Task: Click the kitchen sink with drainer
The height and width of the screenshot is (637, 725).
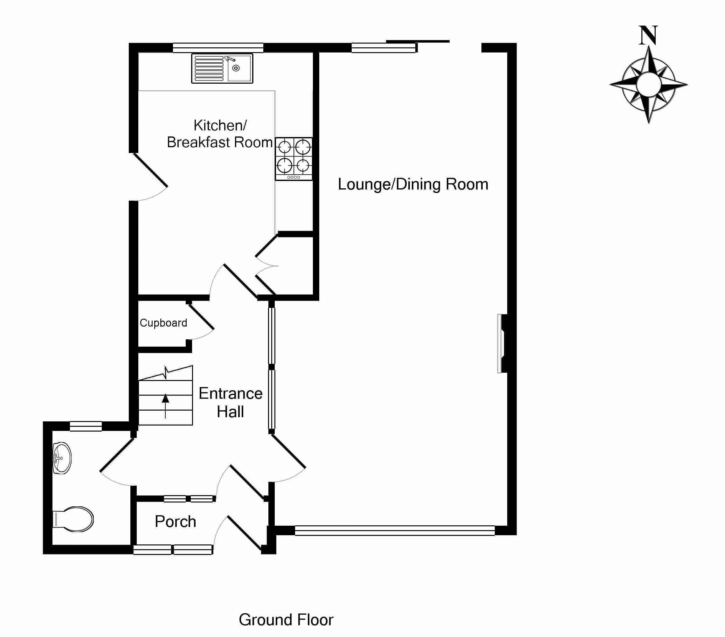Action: pyautogui.click(x=222, y=68)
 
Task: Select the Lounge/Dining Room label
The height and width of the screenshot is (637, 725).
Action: pyautogui.click(x=413, y=184)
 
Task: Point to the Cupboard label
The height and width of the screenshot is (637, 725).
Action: pyautogui.click(x=163, y=323)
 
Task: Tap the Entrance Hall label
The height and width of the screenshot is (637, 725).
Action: pyautogui.click(x=231, y=403)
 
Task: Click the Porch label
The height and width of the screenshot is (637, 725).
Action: pyautogui.click(x=176, y=521)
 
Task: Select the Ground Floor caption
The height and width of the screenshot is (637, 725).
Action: pyautogui.click(x=286, y=620)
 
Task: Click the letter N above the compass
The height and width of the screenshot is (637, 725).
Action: pyautogui.click(x=648, y=36)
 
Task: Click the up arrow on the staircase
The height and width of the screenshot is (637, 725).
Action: pyautogui.click(x=165, y=404)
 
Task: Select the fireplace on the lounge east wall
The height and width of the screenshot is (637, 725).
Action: pyautogui.click(x=502, y=343)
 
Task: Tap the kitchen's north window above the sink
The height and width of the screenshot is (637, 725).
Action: pyautogui.click(x=218, y=47)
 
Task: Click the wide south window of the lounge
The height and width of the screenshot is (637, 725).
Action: pyautogui.click(x=394, y=530)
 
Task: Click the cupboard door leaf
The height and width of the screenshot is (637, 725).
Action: pyautogui.click(x=201, y=316)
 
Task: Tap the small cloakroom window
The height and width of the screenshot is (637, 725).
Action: pyautogui.click(x=86, y=426)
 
